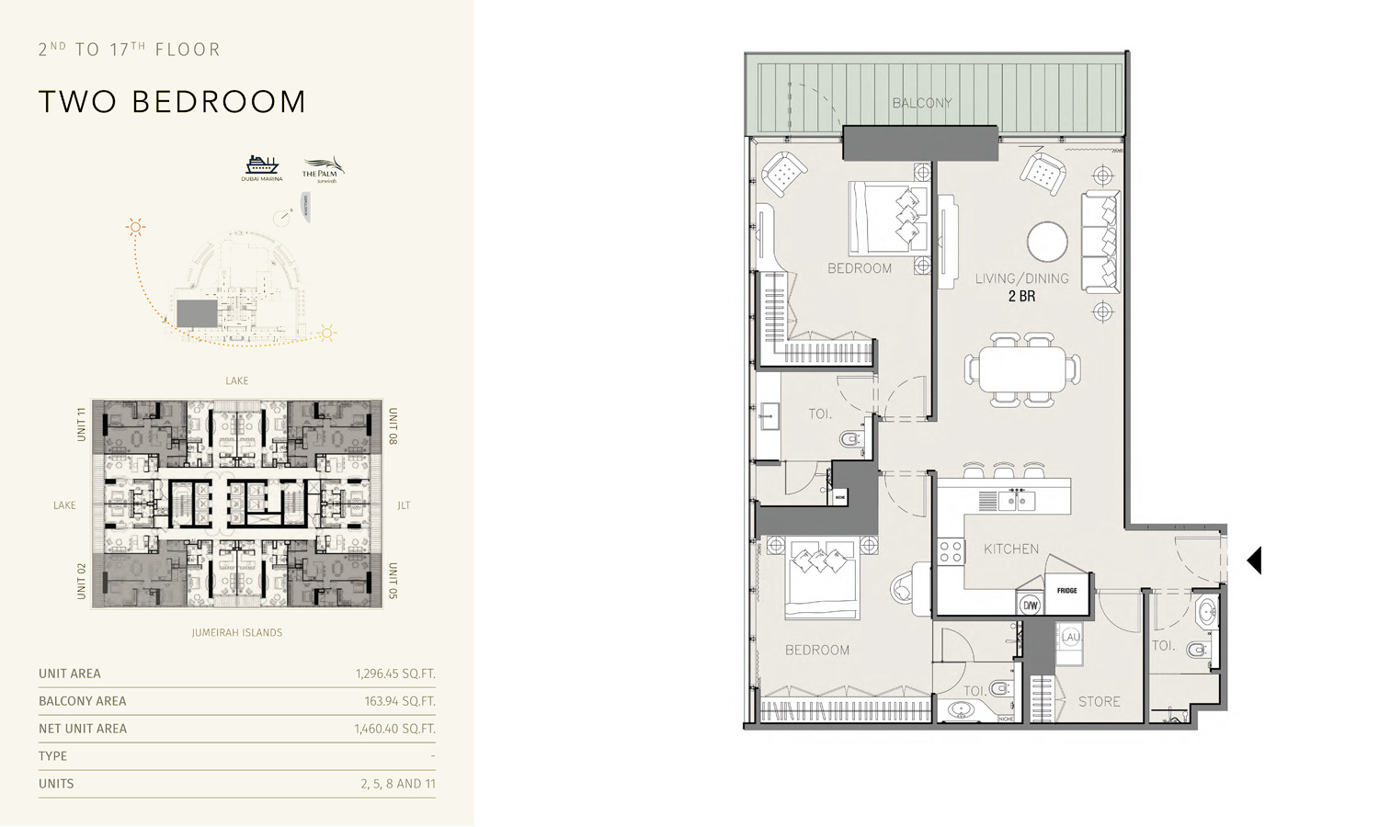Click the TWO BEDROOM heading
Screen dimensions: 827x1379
[x=172, y=102]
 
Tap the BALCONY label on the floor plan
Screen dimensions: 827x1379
[x=921, y=103]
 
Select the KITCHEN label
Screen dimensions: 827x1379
[x=1010, y=549]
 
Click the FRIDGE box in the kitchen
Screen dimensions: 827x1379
[x=1066, y=591]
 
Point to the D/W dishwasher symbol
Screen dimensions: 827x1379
[x=1030, y=605]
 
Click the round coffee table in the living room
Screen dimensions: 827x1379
[x=1047, y=243]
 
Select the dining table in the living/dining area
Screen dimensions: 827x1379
[x=1021, y=370]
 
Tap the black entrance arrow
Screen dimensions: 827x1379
[x=1254, y=561]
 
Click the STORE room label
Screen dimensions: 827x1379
[x=1099, y=701]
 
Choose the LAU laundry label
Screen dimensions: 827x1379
[x=1070, y=637]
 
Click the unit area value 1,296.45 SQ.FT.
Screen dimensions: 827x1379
[x=395, y=674]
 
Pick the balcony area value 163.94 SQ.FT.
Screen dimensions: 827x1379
[x=399, y=701]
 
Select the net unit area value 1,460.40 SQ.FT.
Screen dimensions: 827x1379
[x=394, y=729]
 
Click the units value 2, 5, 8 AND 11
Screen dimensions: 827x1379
[x=397, y=784]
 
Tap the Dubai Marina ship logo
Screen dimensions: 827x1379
[x=262, y=167]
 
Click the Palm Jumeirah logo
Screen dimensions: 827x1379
[x=322, y=168]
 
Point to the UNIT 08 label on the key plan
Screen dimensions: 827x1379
[x=393, y=426]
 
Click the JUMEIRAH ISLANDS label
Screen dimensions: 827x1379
[x=237, y=632]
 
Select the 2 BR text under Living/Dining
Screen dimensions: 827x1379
[x=1021, y=296]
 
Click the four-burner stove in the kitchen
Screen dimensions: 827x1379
[x=951, y=551]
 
